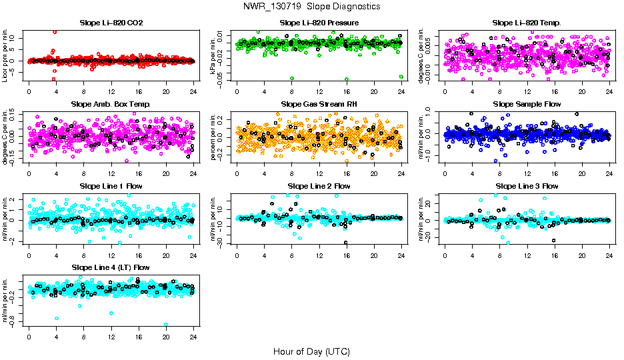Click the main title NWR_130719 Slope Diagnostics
[x=311, y=6]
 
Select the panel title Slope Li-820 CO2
[x=111, y=23]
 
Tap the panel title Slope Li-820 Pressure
[x=319, y=23]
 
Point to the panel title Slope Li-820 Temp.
[x=527, y=23]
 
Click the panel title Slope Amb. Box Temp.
[x=111, y=105]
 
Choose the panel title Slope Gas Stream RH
[x=319, y=105]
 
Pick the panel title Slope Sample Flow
[x=527, y=105]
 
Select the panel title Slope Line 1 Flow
[x=111, y=186]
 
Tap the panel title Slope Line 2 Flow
[x=319, y=186]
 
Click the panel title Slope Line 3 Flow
[x=527, y=186]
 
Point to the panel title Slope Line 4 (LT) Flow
[x=111, y=267]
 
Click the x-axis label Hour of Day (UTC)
[x=311, y=351]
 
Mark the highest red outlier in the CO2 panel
[x=55, y=32]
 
